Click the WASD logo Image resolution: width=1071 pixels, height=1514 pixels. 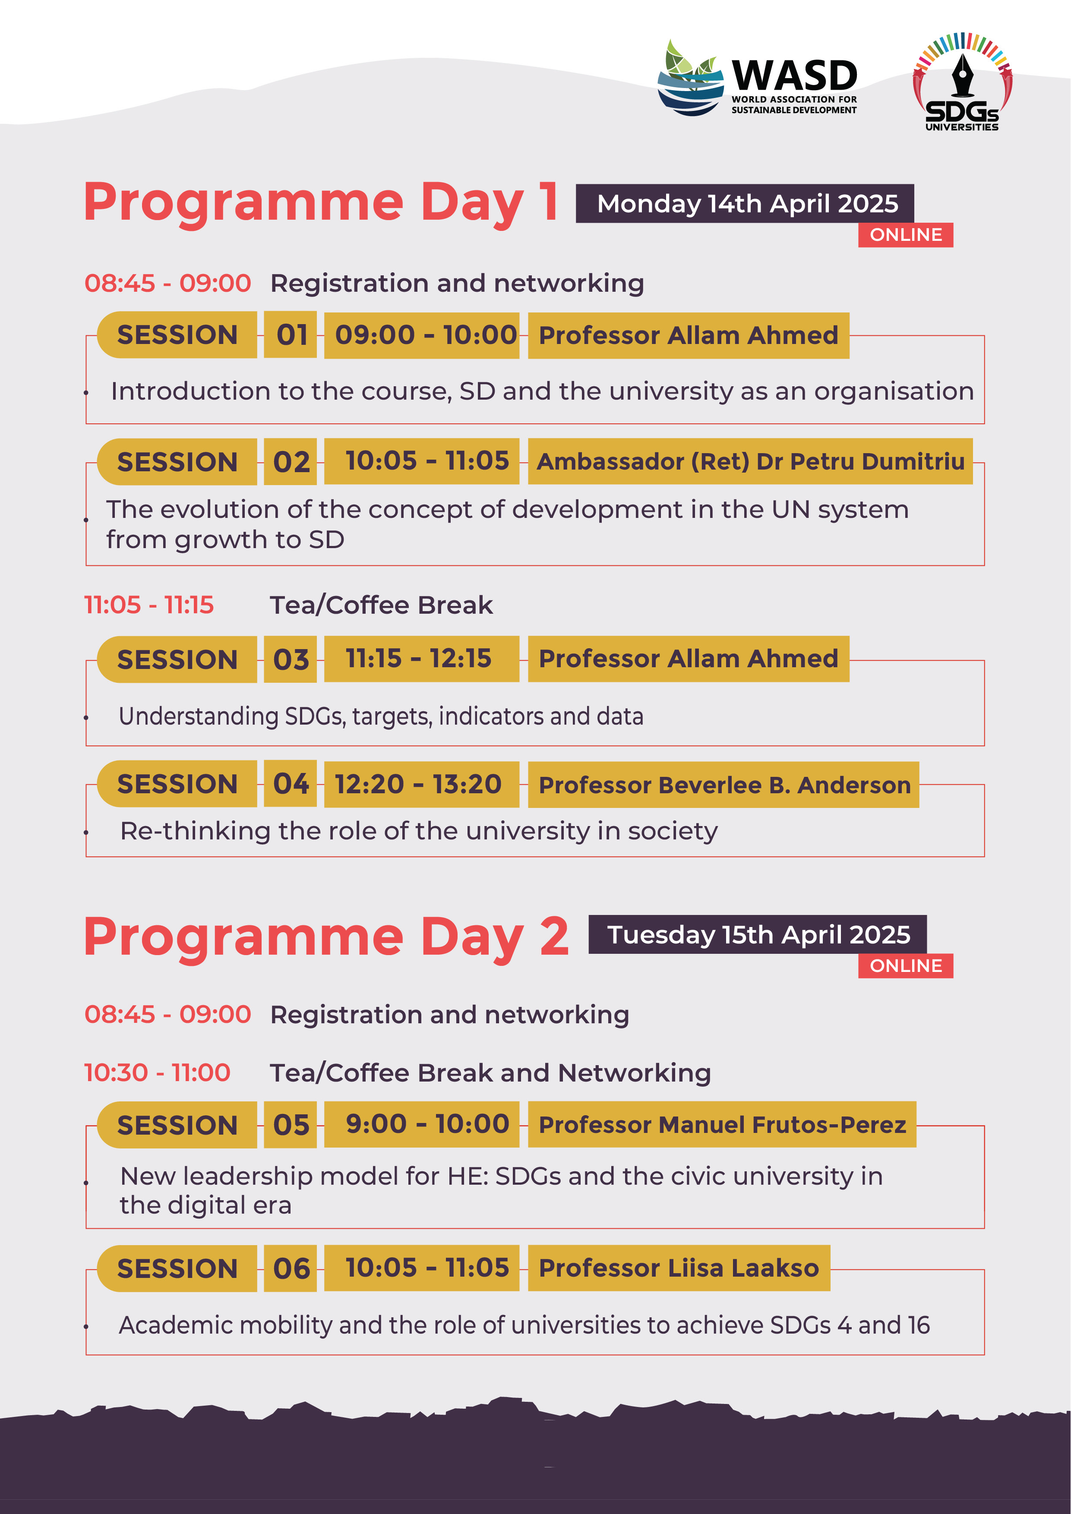tap(757, 78)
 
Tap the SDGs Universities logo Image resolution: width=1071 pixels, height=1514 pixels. tap(962, 81)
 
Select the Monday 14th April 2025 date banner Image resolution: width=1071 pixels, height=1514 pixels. tap(745, 204)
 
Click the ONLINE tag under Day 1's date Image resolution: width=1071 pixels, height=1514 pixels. tap(906, 235)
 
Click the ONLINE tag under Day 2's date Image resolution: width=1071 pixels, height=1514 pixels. tap(906, 965)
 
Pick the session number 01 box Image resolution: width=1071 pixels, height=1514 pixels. tap(290, 335)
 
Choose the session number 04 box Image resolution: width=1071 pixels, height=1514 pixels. tap(290, 783)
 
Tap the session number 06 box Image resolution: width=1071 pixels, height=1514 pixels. tap(290, 1268)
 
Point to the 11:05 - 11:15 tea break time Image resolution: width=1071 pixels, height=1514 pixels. tap(149, 605)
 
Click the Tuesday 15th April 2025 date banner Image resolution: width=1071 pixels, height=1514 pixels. tap(758, 934)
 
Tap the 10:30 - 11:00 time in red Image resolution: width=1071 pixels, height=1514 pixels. tap(158, 1073)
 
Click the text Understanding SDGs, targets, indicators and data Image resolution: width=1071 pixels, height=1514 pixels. tap(381, 716)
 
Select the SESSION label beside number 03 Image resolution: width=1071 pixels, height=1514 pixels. tap(177, 659)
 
